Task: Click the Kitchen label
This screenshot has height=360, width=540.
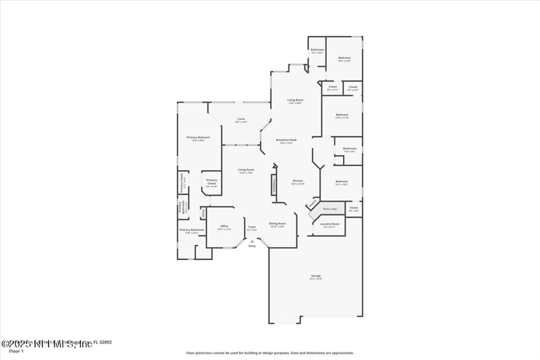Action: (x=297, y=181)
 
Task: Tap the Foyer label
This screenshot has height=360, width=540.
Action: (x=252, y=228)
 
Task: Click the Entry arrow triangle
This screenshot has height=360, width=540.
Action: (x=252, y=240)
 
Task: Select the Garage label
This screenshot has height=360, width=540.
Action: (x=316, y=276)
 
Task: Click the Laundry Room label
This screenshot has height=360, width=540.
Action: (x=329, y=225)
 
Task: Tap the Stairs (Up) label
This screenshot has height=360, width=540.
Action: (x=329, y=210)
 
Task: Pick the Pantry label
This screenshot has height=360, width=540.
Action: (x=313, y=202)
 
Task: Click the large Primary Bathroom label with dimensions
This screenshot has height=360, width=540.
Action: (x=192, y=231)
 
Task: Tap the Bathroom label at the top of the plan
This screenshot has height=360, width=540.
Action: (x=317, y=51)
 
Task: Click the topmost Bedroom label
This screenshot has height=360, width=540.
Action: (x=345, y=59)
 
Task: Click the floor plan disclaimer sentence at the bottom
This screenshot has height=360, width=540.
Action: (x=269, y=352)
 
